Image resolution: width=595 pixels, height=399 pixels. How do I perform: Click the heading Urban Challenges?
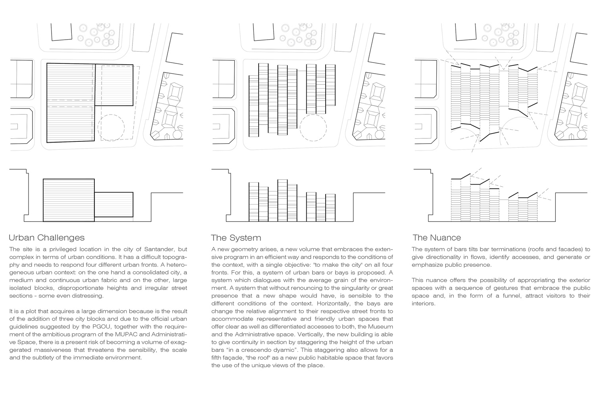pyautogui.click(x=47, y=238)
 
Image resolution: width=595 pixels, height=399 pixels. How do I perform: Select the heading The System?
pyautogui.click(x=236, y=238)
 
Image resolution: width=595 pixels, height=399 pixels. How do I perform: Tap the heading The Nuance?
pyautogui.click(x=437, y=238)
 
